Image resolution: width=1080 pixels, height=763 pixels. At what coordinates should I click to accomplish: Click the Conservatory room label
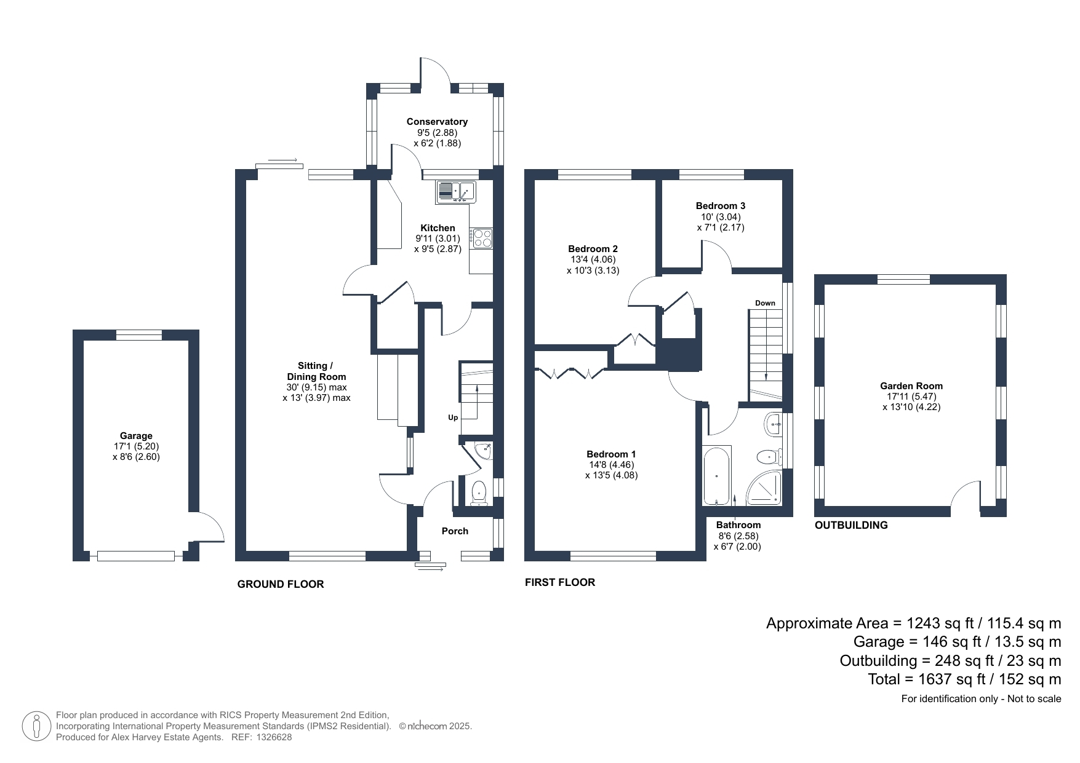point(437,122)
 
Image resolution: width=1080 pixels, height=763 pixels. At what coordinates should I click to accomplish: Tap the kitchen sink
point(455,191)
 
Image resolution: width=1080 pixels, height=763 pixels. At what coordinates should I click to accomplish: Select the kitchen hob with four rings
point(482,238)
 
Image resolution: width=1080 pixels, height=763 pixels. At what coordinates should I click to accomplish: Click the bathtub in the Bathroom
point(716,475)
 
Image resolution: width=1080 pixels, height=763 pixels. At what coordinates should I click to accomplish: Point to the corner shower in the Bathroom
point(765,488)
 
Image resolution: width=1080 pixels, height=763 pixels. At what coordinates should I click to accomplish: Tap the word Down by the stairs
point(765,303)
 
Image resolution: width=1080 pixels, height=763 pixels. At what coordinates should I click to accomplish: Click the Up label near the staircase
point(453,417)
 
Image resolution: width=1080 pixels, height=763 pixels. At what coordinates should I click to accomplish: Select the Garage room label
point(136,436)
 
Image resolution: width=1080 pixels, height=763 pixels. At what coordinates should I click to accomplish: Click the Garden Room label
point(911,386)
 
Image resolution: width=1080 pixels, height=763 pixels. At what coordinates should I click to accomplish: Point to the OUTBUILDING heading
point(851,525)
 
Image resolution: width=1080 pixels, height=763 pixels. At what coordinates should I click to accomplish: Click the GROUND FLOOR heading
point(281,584)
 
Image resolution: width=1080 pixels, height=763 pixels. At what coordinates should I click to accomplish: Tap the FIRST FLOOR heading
point(560,582)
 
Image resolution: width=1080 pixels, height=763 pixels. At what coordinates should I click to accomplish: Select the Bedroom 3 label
point(721,206)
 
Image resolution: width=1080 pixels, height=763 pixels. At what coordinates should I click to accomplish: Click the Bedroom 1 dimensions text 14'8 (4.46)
point(611,465)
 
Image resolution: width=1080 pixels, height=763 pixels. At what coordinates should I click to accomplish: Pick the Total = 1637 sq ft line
point(964,679)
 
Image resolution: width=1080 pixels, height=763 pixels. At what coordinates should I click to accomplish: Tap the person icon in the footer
point(36,726)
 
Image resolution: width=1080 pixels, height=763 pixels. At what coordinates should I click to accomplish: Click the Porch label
point(455,531)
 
